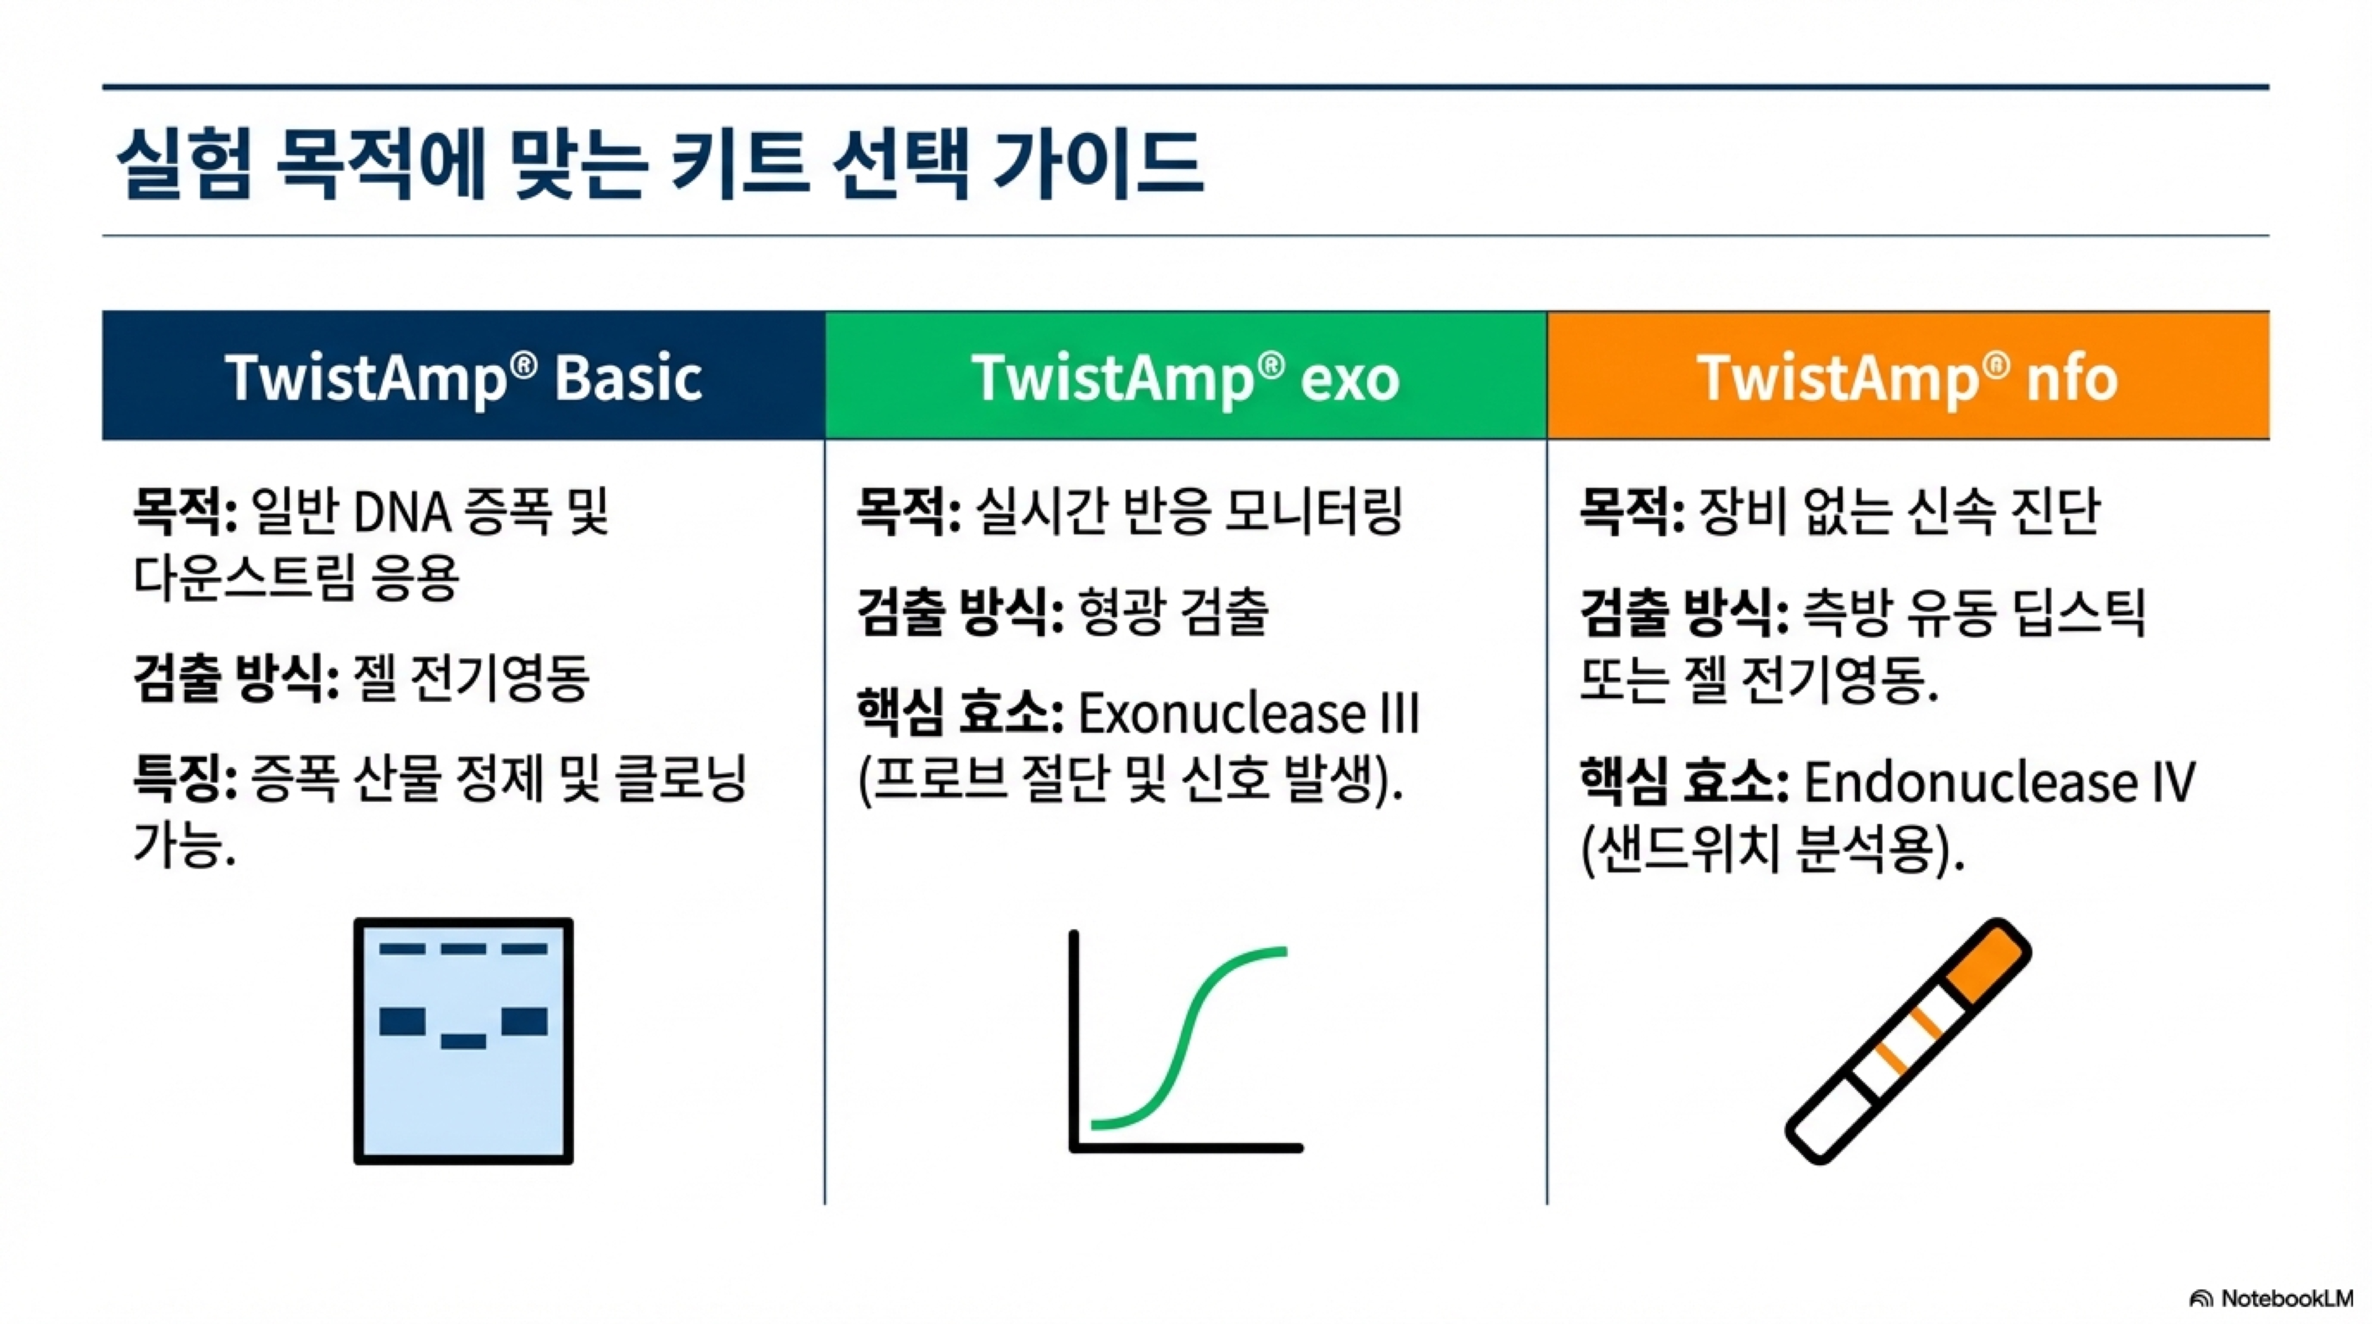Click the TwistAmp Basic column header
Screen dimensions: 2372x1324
click(x=463, y=376)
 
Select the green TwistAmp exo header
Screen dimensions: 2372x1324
click(x=1186, y=376)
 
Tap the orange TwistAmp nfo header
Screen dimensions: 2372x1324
click(x=1908, y=376)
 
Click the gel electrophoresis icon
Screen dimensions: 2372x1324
click(x=463, y=1041)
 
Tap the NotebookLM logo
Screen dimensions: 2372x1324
click(x=2271, y=1298)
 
